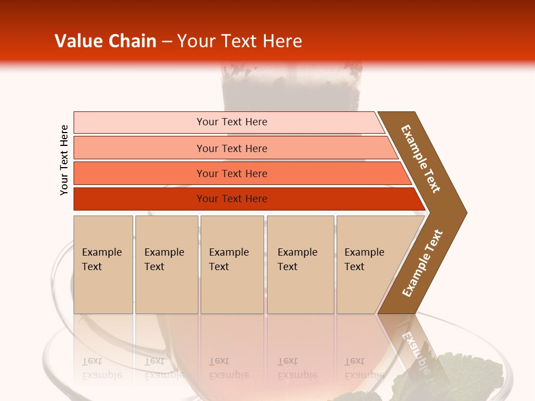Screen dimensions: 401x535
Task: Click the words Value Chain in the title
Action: [x=105, y=41]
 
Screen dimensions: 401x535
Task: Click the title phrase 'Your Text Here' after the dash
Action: [x=240, y=41]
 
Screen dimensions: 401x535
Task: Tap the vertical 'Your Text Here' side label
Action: [x=65, y=160]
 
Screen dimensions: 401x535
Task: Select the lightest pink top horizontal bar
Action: [x=139, y=122]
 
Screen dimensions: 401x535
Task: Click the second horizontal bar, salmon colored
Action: [x=139, y=148]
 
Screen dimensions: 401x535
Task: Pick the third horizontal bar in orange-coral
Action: [x=139, y=173]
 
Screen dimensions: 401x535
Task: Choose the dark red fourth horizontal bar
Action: [x=139, y=199]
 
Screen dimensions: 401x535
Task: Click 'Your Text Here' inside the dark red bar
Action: [x=232, y=199]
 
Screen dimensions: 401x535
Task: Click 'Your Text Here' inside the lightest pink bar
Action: [x=232, y=122]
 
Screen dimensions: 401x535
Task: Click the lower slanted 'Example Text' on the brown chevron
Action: [x=422, y=263]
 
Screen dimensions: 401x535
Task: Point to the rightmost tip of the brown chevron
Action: [x=466, y=212]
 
